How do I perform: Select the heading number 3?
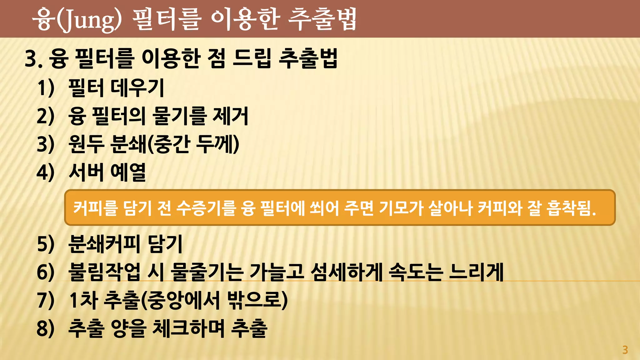pyautogui.click(x=33, y=59)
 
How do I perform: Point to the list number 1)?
pyautogui.click(x=46, y=88)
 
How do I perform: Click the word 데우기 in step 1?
pyautogui.click(x=137, y=88)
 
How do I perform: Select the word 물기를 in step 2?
pyautogui.click(x=179, y=116)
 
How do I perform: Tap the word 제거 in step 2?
pyautogui.click(x=231, y=116)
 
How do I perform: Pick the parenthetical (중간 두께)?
pyautogui.click(x=192, y=144)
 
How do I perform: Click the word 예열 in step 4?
pyautogui.click(x=128, y=172)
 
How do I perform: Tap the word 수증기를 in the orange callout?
pyautogui.click(x=206, y=208)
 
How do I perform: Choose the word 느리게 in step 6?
pyautogui.click(x=476, y=272)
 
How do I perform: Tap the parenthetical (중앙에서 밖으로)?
pyautogui.click(x=214, y=300)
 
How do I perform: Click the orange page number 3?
pyautogui.click(x=625, y=350)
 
